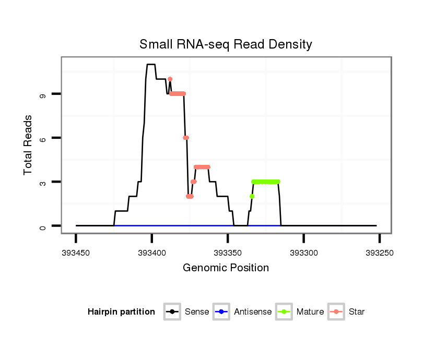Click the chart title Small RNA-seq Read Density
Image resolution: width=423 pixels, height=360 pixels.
[226, 44]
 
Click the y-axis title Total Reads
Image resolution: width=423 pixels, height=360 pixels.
[29, 145]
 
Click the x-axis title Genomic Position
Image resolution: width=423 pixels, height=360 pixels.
[226, 268]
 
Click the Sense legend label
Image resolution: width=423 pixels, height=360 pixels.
[197, 312]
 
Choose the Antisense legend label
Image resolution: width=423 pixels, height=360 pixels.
[253, 312]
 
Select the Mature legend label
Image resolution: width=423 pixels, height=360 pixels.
[310, 312]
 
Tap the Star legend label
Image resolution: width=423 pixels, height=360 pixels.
[357, 312]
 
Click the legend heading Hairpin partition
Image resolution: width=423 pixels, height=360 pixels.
[121, 312]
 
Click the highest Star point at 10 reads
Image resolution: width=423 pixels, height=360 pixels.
[170, 79]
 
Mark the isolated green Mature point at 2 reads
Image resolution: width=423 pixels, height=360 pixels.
[252, 196]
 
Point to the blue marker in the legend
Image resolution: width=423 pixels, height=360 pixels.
[222, 312]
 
